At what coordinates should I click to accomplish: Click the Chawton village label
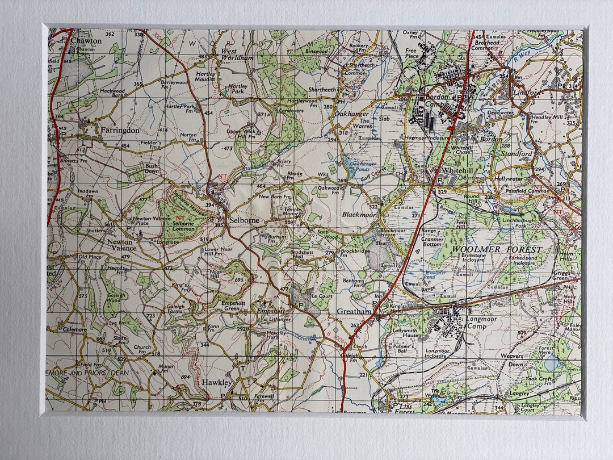tap(86, 41)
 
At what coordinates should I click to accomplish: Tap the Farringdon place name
tap(119, 130)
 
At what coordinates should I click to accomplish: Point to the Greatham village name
tap(354, 312)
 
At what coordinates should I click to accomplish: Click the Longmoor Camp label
tap(481, 323)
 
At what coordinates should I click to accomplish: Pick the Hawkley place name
tap(216, 383)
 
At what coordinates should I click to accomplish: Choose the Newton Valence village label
tap(122, 245)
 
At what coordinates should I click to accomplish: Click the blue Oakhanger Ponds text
tap(363, 166)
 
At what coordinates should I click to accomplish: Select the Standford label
tap(517, 153)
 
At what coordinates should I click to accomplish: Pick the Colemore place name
tap(74, 329)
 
